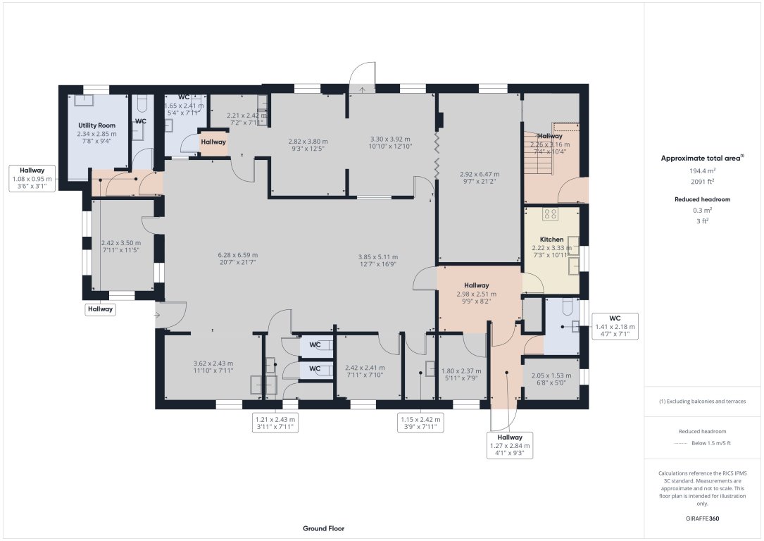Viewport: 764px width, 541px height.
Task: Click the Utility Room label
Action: click(96, 125)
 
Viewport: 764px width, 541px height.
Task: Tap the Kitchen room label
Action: click(551, 240)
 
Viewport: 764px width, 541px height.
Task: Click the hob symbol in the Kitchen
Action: click(550, 215)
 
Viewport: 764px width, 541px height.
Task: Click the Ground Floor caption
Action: click(323, 528)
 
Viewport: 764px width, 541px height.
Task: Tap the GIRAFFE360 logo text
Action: click(702, 518)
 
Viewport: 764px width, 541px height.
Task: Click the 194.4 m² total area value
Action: click(702, 171)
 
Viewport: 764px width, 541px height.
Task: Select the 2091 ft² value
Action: click(702, 181)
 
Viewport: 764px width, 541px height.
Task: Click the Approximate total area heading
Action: click(701, 158)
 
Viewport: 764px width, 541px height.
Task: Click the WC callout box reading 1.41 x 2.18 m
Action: click(615, 327)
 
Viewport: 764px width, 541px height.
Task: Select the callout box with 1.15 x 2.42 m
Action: click(420, 423)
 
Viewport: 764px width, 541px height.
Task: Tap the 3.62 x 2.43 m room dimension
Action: click(213, 367)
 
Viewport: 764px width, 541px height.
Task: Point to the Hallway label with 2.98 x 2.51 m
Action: click(476, 290)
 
